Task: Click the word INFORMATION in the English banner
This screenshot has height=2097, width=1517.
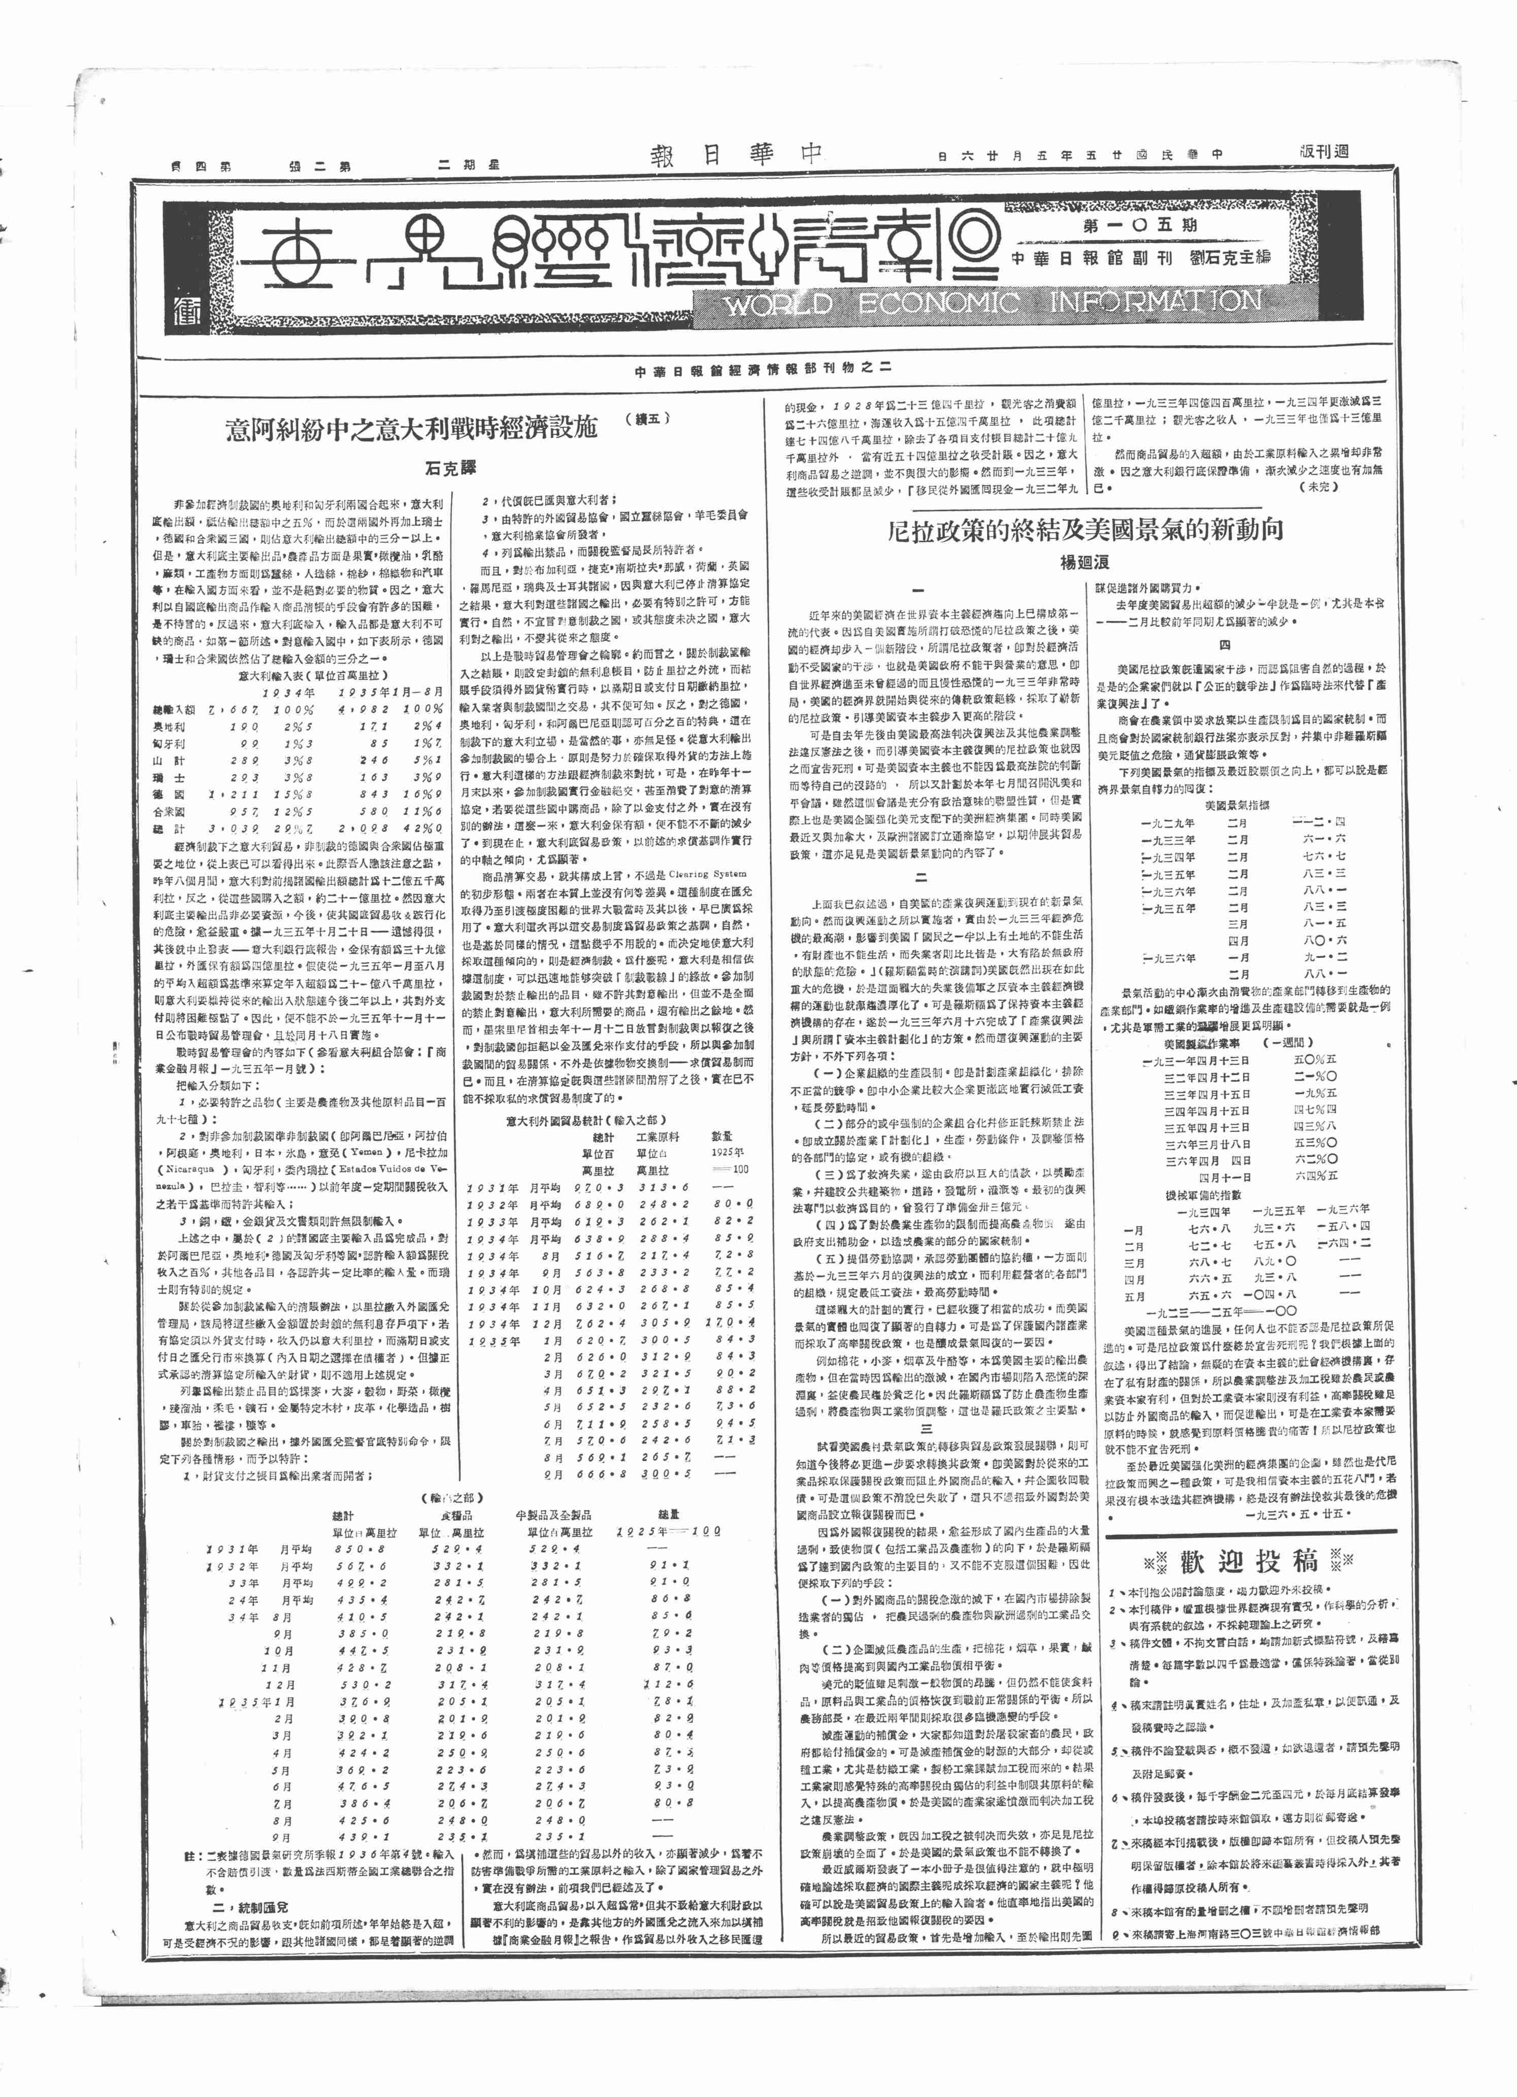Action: [x=1156, y=300]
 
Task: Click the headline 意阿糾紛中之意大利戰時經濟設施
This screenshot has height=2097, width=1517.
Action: [x=413, y=429]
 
